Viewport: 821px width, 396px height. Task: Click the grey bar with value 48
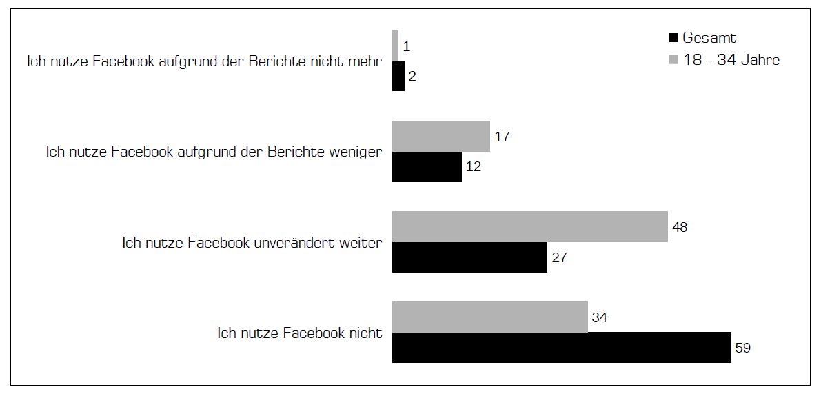[529, 227]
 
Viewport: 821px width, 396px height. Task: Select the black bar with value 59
[561, 348]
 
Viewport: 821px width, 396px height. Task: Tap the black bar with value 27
[469, 257]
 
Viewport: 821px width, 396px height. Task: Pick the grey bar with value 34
[489, 317]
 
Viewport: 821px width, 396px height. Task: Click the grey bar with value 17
[440, 137]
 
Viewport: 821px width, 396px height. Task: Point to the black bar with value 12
[427, 167]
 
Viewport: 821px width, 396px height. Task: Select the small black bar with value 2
[398, 76]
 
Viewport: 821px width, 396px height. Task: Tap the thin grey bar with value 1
[395, 46]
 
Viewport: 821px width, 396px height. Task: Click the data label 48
[680, 227]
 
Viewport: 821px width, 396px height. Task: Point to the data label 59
[742, 348]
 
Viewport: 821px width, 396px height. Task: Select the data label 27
[559, 257]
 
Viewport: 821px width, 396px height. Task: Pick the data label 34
[599, 317]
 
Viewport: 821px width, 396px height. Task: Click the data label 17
[502, 137]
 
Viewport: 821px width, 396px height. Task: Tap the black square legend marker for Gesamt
[674, 39]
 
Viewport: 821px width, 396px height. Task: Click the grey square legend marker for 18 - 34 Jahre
[674, 60]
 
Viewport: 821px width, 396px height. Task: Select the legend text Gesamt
[709, 39]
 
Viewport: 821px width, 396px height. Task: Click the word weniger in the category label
[356, 152]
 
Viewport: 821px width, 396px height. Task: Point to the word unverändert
[298, 243]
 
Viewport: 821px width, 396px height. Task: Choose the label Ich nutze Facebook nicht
[299, 333]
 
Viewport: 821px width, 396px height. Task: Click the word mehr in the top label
[367, 61]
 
